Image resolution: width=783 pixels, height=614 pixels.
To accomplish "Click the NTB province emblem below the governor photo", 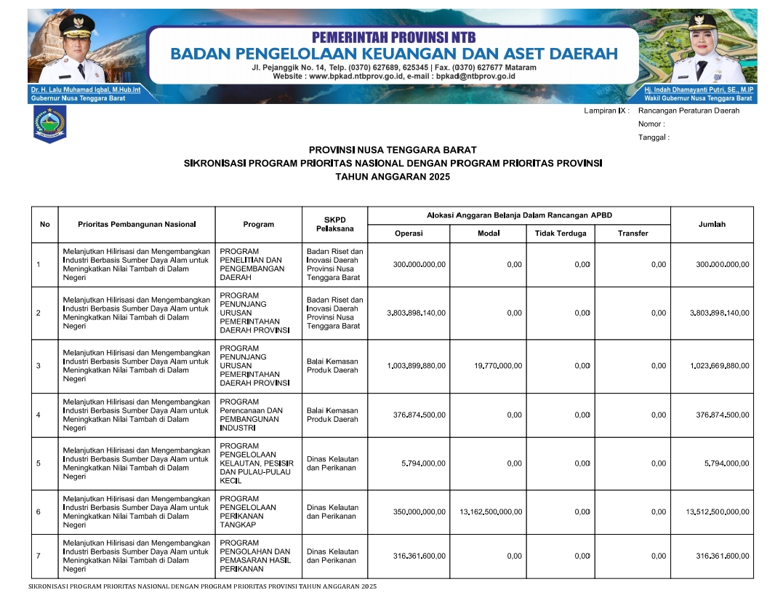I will [49, 124].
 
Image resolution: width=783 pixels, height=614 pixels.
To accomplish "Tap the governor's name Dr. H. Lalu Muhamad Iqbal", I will [86, 89].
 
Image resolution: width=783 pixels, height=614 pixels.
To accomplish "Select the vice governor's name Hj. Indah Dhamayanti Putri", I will [698, 89].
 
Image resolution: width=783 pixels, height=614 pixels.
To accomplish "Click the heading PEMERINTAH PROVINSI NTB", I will [393, 38].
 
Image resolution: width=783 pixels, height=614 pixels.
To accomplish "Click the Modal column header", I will [488, 234].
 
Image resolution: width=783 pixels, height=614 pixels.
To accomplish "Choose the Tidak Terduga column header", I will [560, 234].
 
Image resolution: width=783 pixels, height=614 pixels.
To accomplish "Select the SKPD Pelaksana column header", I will [334, 224].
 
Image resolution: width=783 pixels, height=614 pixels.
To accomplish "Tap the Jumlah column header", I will [712, 224].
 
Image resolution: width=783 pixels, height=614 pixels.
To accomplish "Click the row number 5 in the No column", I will [38, 463].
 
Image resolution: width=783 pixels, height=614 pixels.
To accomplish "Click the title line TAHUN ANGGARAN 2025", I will [393, 177].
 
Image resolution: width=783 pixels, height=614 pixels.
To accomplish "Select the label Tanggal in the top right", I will [653, 137].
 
